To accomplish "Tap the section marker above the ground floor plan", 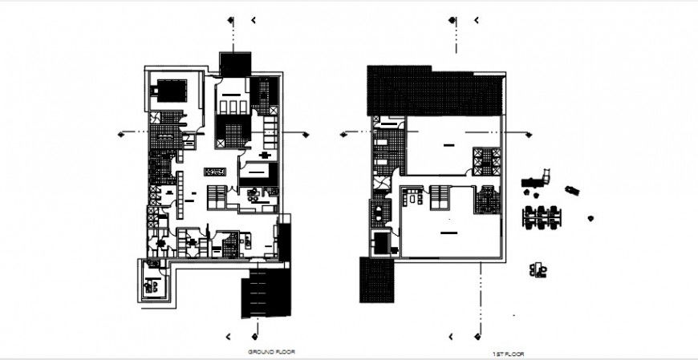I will click(231, 20).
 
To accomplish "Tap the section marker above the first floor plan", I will click(454, 20).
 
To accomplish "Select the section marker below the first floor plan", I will click(479, 336).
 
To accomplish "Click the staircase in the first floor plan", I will click(439, 196).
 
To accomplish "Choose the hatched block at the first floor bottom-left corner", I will click(376, 280).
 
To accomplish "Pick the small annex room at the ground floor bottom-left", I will click(154, 281).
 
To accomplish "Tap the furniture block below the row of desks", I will click(538, 270).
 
